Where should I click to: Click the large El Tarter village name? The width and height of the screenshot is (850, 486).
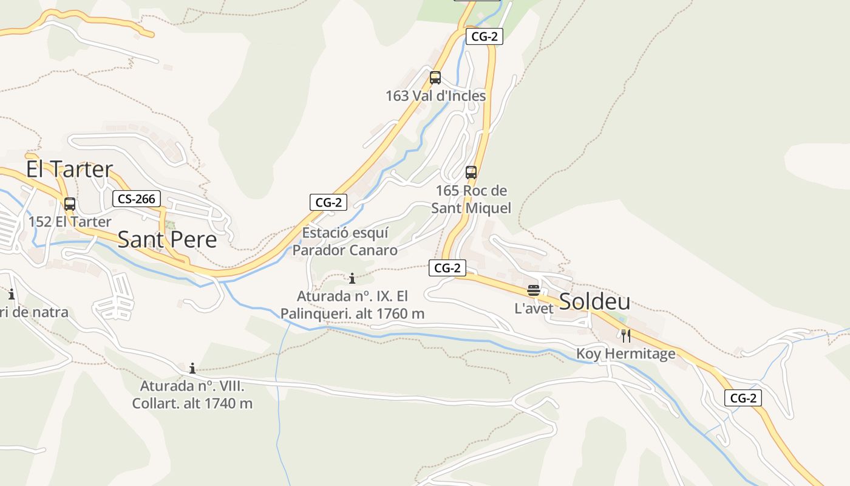click(69, 169)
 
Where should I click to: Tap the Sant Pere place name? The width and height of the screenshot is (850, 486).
click(167, 239)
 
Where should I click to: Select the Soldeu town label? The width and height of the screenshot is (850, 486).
click(594, 301)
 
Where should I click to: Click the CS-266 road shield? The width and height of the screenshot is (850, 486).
click(137, 199)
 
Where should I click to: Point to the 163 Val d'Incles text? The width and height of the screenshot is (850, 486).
click(435, 96)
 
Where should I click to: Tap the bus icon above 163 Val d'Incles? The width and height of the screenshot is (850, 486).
click(435, 78)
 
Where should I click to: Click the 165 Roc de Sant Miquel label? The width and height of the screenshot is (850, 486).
click(471, 199)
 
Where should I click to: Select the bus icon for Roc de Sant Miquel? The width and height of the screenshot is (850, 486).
click(471, 173)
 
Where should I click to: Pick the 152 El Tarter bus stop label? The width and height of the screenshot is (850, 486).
click(70, 222)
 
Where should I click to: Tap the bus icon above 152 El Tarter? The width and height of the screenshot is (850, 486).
click(70, 204)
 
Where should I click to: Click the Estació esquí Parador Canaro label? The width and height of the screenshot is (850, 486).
click(345, 241)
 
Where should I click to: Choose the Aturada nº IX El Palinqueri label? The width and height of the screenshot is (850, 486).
click(352, 305)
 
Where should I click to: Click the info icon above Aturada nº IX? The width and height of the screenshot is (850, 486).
click(352, 279)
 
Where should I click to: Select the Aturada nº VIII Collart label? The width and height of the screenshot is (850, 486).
click(192, 394)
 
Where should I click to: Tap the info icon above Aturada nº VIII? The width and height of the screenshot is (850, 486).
click(192, 368)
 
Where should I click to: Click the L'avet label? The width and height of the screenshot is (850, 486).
click(534, 309)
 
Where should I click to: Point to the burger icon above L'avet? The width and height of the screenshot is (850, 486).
click(534, 291)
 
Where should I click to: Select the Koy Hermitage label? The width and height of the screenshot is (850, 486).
click(625, 354)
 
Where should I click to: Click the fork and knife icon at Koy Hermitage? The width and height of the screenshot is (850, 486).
click(626, 335)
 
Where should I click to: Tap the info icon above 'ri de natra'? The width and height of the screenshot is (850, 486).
click(12, 295)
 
